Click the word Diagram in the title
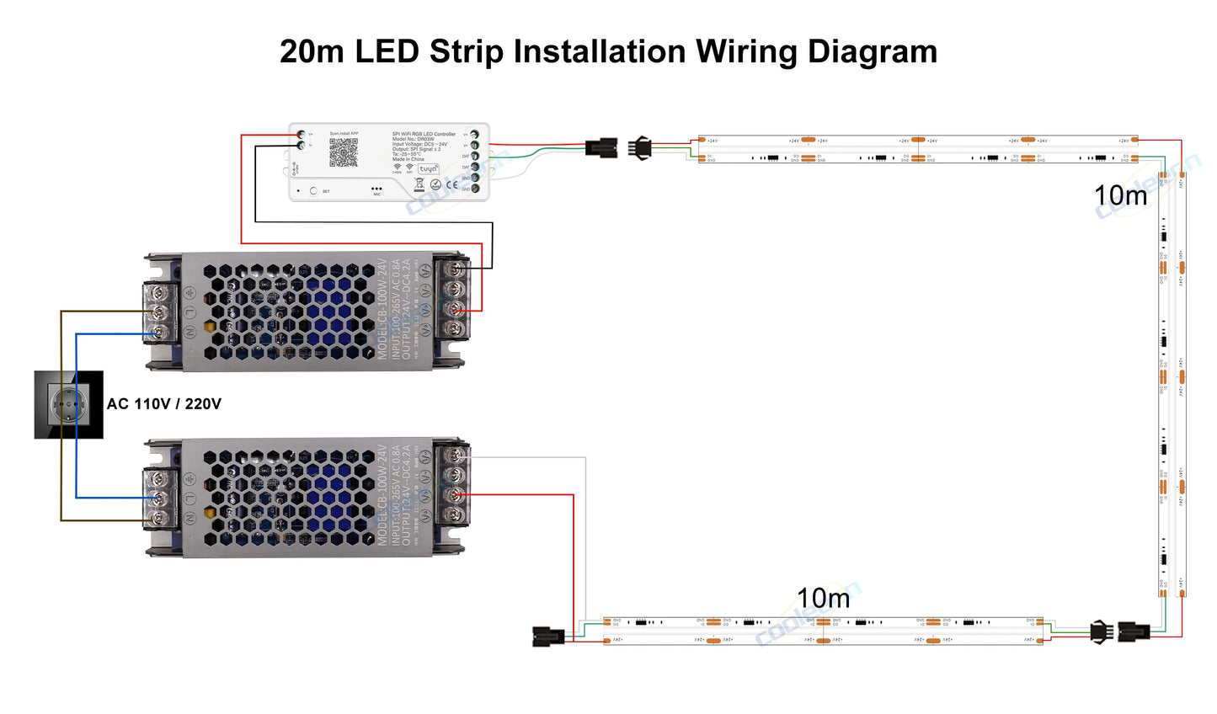(873, 52)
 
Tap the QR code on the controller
(343, 152)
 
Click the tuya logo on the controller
(428, 168)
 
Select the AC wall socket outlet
(68, 405)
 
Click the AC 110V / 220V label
(164, 404)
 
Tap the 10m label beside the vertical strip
(1120, 195)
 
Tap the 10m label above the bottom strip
(823, 599)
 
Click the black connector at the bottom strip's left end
(548, 636)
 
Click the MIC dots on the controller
(376, 189)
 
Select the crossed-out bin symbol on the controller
(419, 183)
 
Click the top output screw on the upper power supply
(456, 270)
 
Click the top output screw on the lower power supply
(456, 456)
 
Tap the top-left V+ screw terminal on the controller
(301, 134)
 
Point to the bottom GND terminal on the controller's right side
(475, 189)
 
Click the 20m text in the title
(312, 52)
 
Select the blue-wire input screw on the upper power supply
(157, 333)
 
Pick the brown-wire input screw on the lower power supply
(157, 520)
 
